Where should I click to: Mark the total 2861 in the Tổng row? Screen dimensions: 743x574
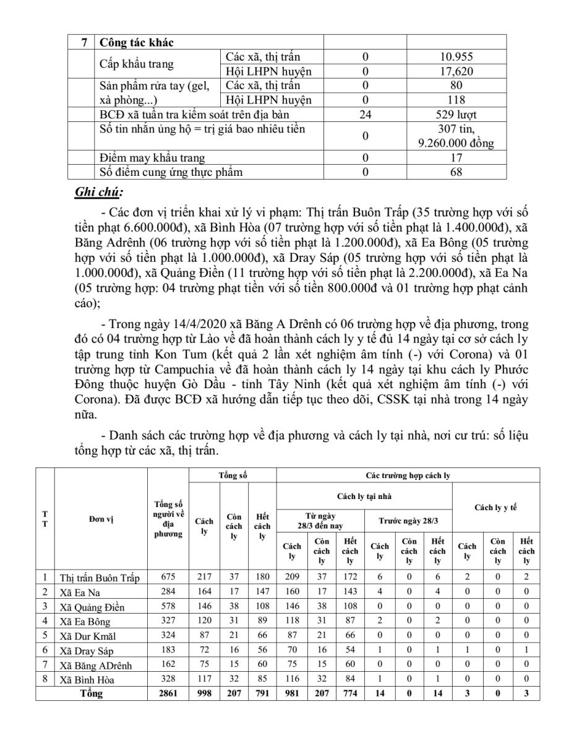(x=168, y=693)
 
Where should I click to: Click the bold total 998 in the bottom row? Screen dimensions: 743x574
(x=204, y=693)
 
